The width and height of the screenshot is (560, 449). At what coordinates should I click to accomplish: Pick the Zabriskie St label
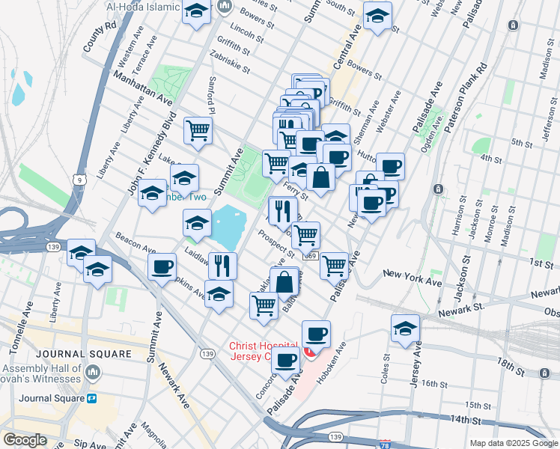tap(230, 65)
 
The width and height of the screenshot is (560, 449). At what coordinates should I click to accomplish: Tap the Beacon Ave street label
tap(135, 242)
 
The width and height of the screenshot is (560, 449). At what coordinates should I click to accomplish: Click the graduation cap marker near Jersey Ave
tap(405, 328)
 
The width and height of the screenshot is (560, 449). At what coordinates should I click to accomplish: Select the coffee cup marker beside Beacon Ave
tap(162, 266)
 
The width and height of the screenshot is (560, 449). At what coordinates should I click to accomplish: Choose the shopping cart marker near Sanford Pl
tap(198, 130)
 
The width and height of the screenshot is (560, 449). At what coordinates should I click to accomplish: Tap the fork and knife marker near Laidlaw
tap(222, 264)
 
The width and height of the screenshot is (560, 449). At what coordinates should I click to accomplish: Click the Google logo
tap(25, 440)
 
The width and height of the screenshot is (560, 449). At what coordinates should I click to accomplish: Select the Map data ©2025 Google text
tap(513, 443)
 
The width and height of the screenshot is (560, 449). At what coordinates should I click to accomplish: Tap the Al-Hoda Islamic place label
tap(144, 7)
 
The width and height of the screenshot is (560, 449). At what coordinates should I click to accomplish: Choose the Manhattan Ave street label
tap(142, 88)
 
